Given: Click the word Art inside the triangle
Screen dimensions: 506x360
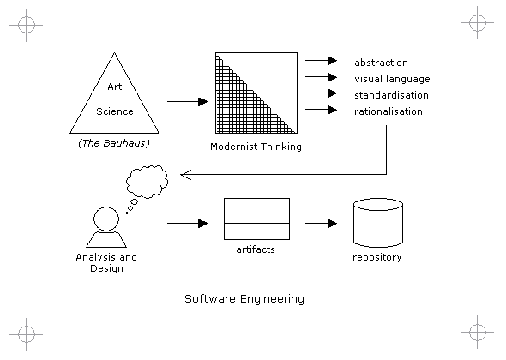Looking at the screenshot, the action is (x=115, y=87).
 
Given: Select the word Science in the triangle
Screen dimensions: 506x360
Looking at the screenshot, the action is (x=115, y=111).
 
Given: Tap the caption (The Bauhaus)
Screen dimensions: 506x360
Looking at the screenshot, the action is (x=114, y=143).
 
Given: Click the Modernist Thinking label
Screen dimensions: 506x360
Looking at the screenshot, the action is (x=256, y=147).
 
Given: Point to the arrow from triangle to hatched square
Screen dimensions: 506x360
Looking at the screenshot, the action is (x=188, y=102).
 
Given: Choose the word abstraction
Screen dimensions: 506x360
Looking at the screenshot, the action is (x=381, y=63).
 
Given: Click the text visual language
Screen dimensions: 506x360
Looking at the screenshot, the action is (x=392, y=79).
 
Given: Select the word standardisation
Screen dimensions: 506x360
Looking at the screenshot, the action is (x=391, y=95).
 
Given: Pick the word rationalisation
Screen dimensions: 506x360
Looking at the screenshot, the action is (x=389, y=111).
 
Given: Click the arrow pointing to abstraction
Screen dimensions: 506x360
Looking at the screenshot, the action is (x=321, y=60).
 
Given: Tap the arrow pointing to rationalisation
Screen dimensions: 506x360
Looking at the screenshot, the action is (x=321, y=110).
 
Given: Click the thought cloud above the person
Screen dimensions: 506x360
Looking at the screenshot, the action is (x=147, y=182).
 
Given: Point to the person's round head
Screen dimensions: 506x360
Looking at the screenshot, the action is (x=106, y=219).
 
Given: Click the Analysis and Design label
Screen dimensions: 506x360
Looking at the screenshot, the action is (x=106, y=262).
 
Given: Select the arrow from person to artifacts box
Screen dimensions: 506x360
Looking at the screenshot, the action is (x=188, y=223).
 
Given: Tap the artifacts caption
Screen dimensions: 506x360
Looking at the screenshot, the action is (x=256, y=249).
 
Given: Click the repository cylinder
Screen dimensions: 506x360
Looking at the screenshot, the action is (x=378, y=223).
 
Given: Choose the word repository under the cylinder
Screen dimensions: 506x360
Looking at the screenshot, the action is (x=376, y=257).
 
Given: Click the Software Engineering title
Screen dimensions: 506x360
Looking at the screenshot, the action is (x=244, y=299).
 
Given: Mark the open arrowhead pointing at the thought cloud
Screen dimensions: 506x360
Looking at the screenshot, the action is (x=185, y=175).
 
